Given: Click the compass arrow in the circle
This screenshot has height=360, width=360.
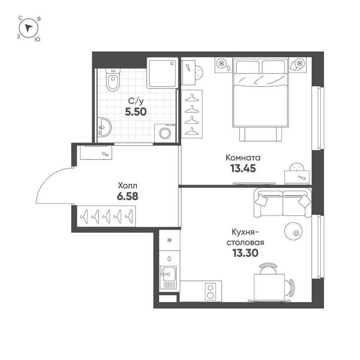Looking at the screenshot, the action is (29, 28).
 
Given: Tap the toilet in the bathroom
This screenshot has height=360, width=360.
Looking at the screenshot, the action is (113, 79).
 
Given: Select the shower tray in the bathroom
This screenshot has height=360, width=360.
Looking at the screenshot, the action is (162, 73).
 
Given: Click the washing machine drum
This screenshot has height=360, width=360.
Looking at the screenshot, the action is (165, 133).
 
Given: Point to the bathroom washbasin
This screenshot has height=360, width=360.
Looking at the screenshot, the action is (104, 127).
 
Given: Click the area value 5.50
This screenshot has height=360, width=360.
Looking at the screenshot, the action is (136, 112).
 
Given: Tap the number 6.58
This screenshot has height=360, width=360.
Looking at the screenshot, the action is (127, 196).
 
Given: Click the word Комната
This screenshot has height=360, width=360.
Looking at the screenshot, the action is (243, 158).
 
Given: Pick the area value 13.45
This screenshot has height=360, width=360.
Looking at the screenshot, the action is (243, 169).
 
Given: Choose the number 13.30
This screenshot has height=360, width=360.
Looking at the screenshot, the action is (245, 253).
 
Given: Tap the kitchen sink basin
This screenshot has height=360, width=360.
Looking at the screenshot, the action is (168, 274).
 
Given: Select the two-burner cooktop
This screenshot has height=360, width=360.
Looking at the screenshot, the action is (211, 291).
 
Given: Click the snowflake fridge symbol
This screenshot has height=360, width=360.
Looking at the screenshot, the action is (169, 241).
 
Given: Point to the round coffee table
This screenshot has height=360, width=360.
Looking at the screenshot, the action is (293, 232).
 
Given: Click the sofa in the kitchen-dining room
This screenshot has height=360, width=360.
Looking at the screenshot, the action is (283, 202).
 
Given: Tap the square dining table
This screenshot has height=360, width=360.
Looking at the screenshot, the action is (269, 287).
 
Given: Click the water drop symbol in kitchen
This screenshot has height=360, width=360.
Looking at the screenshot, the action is (169, 259).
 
